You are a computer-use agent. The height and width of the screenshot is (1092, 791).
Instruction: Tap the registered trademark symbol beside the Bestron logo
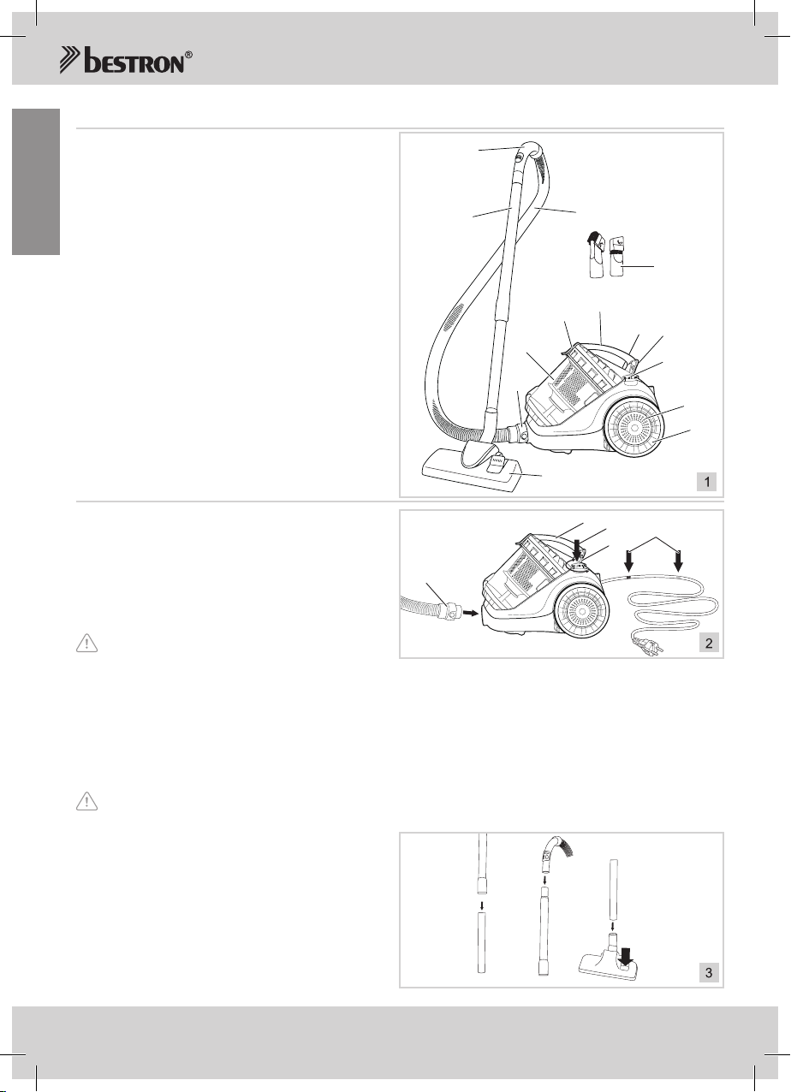[x=188, y=55]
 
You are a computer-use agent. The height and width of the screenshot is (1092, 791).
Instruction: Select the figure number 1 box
[x=706, y=482]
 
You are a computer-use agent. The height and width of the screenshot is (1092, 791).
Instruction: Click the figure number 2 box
[x=708, y=643]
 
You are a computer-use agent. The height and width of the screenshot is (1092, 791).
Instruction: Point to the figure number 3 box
[x=708, y=972]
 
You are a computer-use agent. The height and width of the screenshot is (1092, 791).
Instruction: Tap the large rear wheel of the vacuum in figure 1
[x=634, y=428]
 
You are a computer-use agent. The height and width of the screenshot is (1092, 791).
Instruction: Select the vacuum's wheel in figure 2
[x=581, y=611]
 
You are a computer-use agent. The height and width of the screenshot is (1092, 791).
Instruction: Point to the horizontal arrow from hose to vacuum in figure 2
[x=470, y=614]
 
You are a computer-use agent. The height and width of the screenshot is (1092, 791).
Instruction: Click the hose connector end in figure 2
[x=450, y=612]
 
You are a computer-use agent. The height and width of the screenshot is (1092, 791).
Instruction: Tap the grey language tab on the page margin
[x=36, y=181]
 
